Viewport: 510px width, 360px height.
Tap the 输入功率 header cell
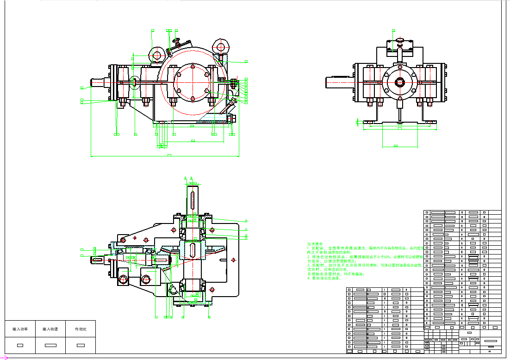click(20, 329)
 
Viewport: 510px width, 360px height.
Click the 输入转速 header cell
click(50, 329)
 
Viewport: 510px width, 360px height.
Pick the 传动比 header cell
click(81, 329)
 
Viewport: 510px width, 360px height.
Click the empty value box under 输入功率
click(20, 345)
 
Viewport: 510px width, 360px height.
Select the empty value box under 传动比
click(81, 345)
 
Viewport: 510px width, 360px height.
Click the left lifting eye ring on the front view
click(156, 56)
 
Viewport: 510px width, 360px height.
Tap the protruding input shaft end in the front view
click(98, 83)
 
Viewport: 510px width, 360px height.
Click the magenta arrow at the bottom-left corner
click(6, 358)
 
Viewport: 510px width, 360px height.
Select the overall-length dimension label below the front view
click(169, 155)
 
